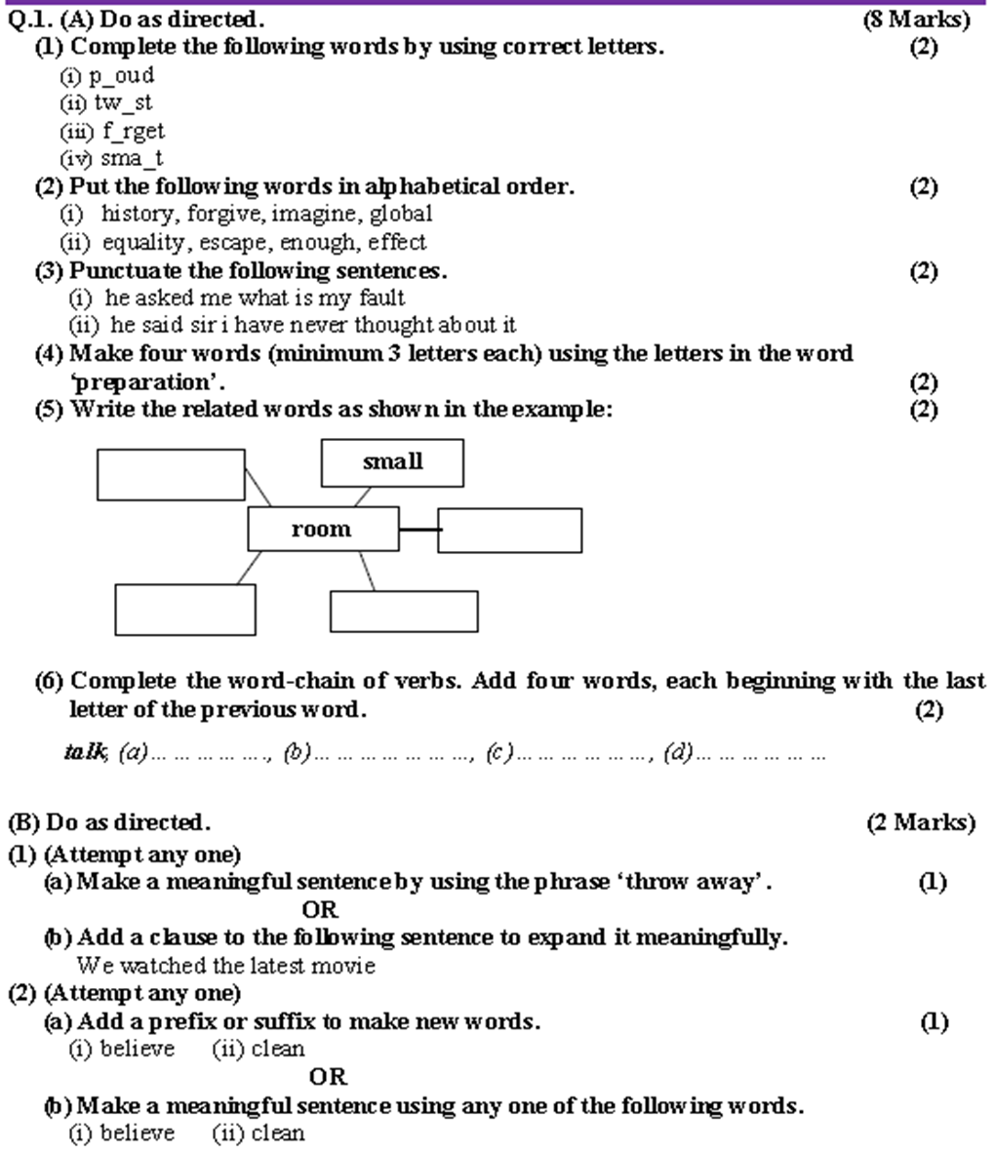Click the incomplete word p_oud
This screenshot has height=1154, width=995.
click(122, 76)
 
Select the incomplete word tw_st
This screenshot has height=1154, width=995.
click(123, 103)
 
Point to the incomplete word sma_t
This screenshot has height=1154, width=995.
click(132, 159)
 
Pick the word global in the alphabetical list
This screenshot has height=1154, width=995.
click(401, 214)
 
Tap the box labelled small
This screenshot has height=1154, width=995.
click(392, 462)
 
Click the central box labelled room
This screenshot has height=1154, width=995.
click(322, 529)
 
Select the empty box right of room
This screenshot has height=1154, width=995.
click(509, 531)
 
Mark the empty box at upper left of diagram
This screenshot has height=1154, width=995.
click(171, 474)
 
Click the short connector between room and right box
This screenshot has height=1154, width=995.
click(418, 530)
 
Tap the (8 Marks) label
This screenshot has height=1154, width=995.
click(917, 19)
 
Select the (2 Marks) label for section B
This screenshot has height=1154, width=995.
click(920, 823)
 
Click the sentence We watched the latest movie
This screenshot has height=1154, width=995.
click(225, 966)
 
